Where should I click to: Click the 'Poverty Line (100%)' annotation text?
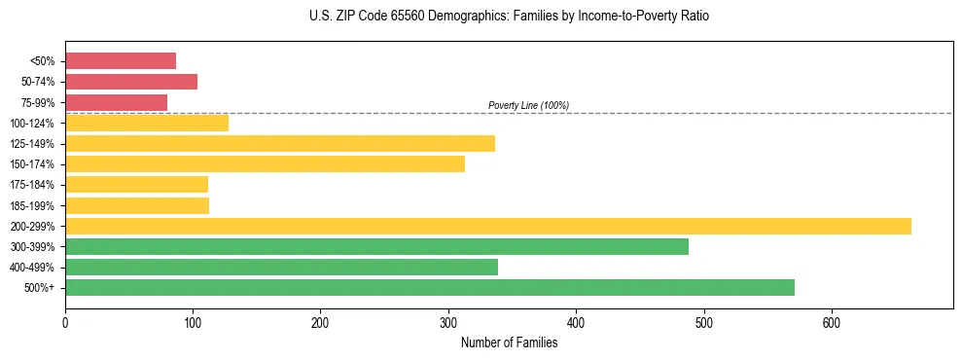point(528,105)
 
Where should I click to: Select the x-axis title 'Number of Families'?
point(509,342)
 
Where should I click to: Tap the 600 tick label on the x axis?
point(832,322)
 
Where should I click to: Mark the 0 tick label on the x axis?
point(65,322)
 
